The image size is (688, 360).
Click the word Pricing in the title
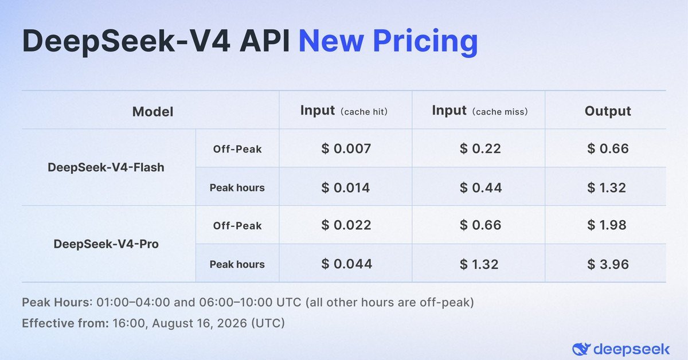coord(425,42)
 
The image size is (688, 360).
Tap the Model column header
coord(153,112)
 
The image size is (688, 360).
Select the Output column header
coord(608,111)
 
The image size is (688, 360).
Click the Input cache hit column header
coord(343,111)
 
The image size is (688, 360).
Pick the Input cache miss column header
coord(480,111)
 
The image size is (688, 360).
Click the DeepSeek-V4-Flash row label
coord(106,168)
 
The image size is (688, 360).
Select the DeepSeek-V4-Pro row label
coord(106,244)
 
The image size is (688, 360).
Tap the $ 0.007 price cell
coord(346,148)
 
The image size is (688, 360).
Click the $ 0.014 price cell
coord(346,187)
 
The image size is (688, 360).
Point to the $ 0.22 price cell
coord(480,148)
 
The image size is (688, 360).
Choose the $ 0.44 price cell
coord(480,187)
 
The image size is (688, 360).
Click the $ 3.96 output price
coord(608,264)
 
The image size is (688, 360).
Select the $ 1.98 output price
coord(607,225)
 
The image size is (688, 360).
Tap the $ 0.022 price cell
coord(346,225)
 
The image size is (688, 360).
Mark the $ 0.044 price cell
coord(347,264)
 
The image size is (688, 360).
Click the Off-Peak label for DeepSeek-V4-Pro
coord(237,226)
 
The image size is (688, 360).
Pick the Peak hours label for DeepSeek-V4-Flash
coord(237,187)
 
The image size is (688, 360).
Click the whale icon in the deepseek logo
coord(581,349)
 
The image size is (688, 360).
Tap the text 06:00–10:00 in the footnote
coord(236,303)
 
